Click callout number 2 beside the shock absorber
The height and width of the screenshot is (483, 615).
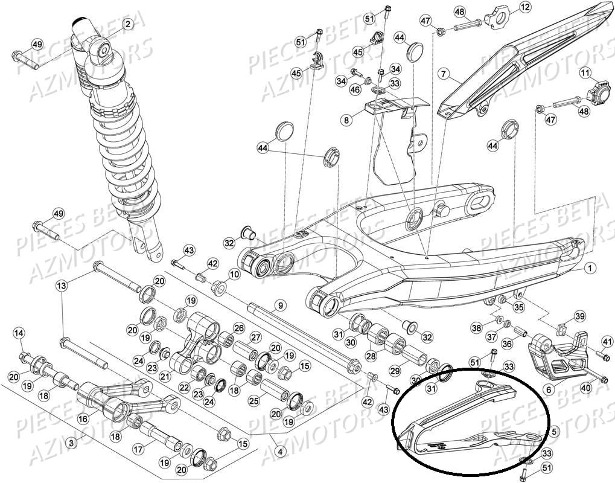(x=127, y=25)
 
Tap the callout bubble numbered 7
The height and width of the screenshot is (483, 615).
(x=444, y=74)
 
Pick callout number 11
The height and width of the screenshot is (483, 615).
(x=584, y=74)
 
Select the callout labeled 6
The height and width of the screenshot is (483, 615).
(x=549, y=391)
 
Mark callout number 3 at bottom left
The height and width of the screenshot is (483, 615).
(x=71, y=444)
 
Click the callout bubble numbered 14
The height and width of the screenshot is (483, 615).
(x=19, y=333)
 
